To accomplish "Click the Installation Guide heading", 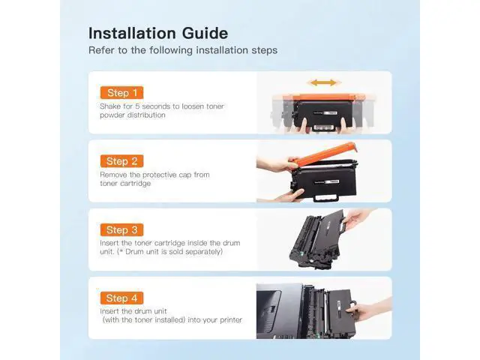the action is (x=158, y=33).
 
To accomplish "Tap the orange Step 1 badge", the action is (x=121, y=93).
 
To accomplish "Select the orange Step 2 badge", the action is (x=121, y=161).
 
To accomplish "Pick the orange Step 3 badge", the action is (x=121, y=230).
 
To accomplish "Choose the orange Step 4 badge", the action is (x=121, y=298).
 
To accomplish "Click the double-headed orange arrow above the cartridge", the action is (x=323, y=82).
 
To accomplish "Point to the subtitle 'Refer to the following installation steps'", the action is (x=183, y=50).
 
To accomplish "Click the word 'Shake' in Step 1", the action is (x=110, y=106).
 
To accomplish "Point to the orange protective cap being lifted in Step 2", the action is (x=325, y=153).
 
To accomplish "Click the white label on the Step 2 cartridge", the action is (x=331, y=181).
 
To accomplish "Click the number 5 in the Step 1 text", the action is (x=137, y=106).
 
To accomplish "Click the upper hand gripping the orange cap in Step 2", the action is (x=277, y=163).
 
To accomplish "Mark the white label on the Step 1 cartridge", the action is (x=331, y=113).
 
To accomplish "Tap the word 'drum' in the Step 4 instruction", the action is (x=144, y=311).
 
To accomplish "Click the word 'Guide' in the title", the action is (x=205, y=33).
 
